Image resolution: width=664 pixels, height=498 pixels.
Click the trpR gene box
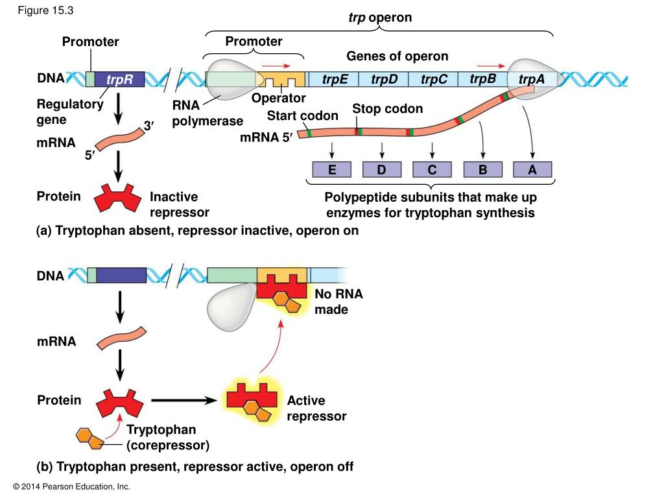[x=119, y=79]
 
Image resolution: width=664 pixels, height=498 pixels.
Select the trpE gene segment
[x=334, y=79]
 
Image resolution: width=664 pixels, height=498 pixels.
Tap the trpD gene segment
[x=384, y=79]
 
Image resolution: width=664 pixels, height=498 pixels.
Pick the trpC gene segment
[x=433, y=79]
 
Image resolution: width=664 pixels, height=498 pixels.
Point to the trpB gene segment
[x=482, y=79]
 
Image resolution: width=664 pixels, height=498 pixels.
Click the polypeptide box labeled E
[x=331, y=169]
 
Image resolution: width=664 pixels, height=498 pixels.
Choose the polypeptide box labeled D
[x=381, y=169]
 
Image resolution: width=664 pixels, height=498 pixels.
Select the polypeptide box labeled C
[x=432, y=169]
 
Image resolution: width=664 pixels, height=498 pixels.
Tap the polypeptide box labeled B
[x=482, y=169]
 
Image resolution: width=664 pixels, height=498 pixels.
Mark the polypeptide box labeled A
[x=532, y=169]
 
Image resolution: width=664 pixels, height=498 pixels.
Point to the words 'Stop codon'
[x=388, y=109]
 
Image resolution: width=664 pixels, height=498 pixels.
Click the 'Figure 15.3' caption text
[x=45, y=10]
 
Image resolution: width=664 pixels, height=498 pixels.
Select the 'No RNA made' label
[x=338, y=302]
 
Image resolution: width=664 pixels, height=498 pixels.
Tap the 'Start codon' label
[x=302, y=115]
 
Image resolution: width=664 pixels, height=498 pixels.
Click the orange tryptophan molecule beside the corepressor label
[x=89, y=438]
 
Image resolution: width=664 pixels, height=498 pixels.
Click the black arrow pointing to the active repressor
[x=184, y=400]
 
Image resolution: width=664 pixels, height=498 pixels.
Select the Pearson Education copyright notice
[x=71, y=486]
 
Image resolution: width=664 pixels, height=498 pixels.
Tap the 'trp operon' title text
[x=380, y=18]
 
